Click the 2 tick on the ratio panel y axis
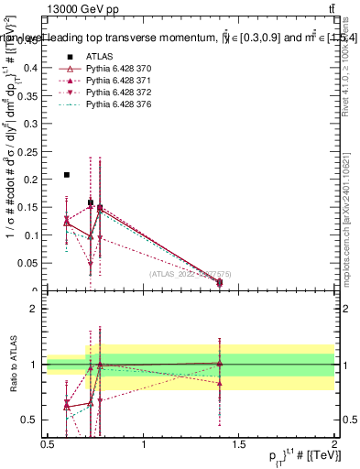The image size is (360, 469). (x=34, y=309)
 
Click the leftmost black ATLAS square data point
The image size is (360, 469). (x=67, y=175)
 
